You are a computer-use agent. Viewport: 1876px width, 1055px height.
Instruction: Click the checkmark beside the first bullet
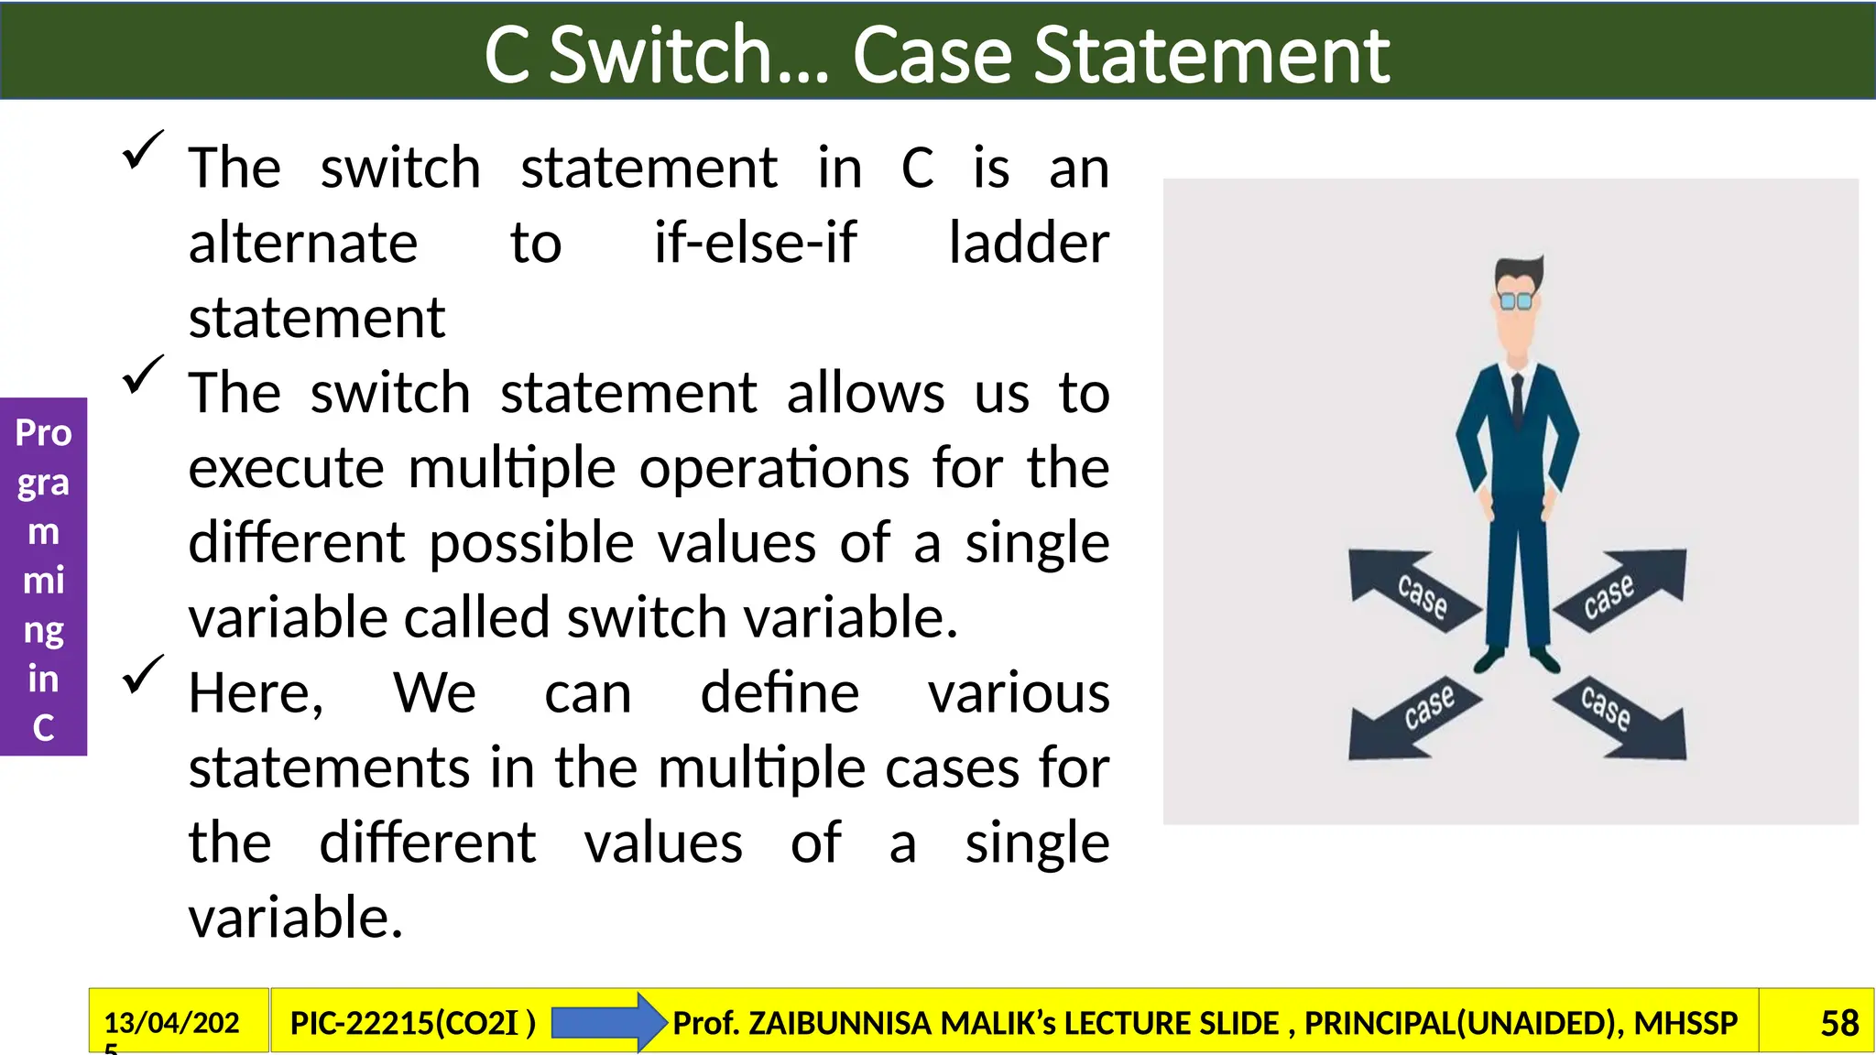point(142,150)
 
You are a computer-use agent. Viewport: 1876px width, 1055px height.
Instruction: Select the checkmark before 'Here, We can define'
point(142,675)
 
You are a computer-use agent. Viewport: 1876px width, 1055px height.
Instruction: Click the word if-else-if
point(755,244)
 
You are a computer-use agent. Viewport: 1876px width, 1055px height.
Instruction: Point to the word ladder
point(1028,244)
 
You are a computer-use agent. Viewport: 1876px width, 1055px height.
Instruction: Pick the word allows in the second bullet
point(865,394)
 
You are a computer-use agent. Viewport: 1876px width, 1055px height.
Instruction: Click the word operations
point(774,469)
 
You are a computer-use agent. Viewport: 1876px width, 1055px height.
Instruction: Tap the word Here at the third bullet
point(255,693)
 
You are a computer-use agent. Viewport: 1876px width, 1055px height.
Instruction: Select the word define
point(780,693)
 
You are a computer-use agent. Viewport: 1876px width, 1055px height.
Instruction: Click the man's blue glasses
point(1516,300)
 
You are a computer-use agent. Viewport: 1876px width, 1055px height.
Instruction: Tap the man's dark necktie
point(1518,403)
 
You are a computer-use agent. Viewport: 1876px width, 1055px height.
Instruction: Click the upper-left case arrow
point(1412,590)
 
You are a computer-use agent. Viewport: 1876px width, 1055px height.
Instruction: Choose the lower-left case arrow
point(1412,719)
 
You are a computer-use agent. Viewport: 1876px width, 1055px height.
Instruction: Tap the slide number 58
point(1838,1023)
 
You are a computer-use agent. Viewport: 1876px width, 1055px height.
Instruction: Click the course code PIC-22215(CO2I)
point(412,1023)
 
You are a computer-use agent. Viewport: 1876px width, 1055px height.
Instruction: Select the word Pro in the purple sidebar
point(43,433)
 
